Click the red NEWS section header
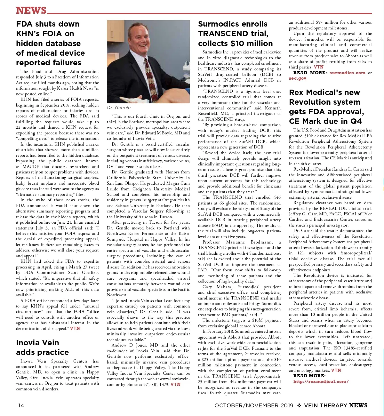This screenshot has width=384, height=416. coord(31,11)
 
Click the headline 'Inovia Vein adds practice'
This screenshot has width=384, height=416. coord(42,347)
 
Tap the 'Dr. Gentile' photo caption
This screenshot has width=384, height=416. coord(119,108)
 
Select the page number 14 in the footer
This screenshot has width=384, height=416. coord(21,405)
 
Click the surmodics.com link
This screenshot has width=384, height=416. coord(347,73)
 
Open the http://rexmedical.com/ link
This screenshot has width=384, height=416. coord(321,381)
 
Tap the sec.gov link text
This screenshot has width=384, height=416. coord(298,78)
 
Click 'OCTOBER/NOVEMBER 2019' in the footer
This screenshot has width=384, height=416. coord(254,405)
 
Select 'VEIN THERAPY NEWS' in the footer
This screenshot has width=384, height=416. coord(336,405)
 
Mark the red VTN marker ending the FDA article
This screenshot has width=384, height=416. coord(75,328)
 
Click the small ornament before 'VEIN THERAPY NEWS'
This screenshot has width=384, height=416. coord(299,405)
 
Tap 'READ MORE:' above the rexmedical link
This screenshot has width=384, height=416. coord(309,376)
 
